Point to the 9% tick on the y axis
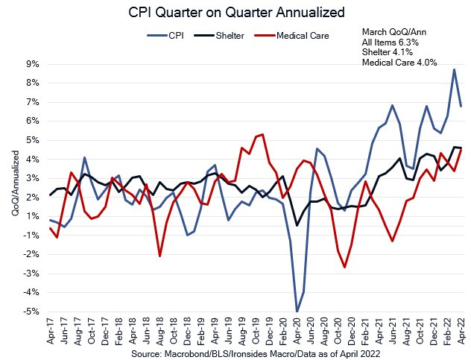(x=32, y=64)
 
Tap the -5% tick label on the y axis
(x=31, y=312)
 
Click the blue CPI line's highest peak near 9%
(x=455, y=69)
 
